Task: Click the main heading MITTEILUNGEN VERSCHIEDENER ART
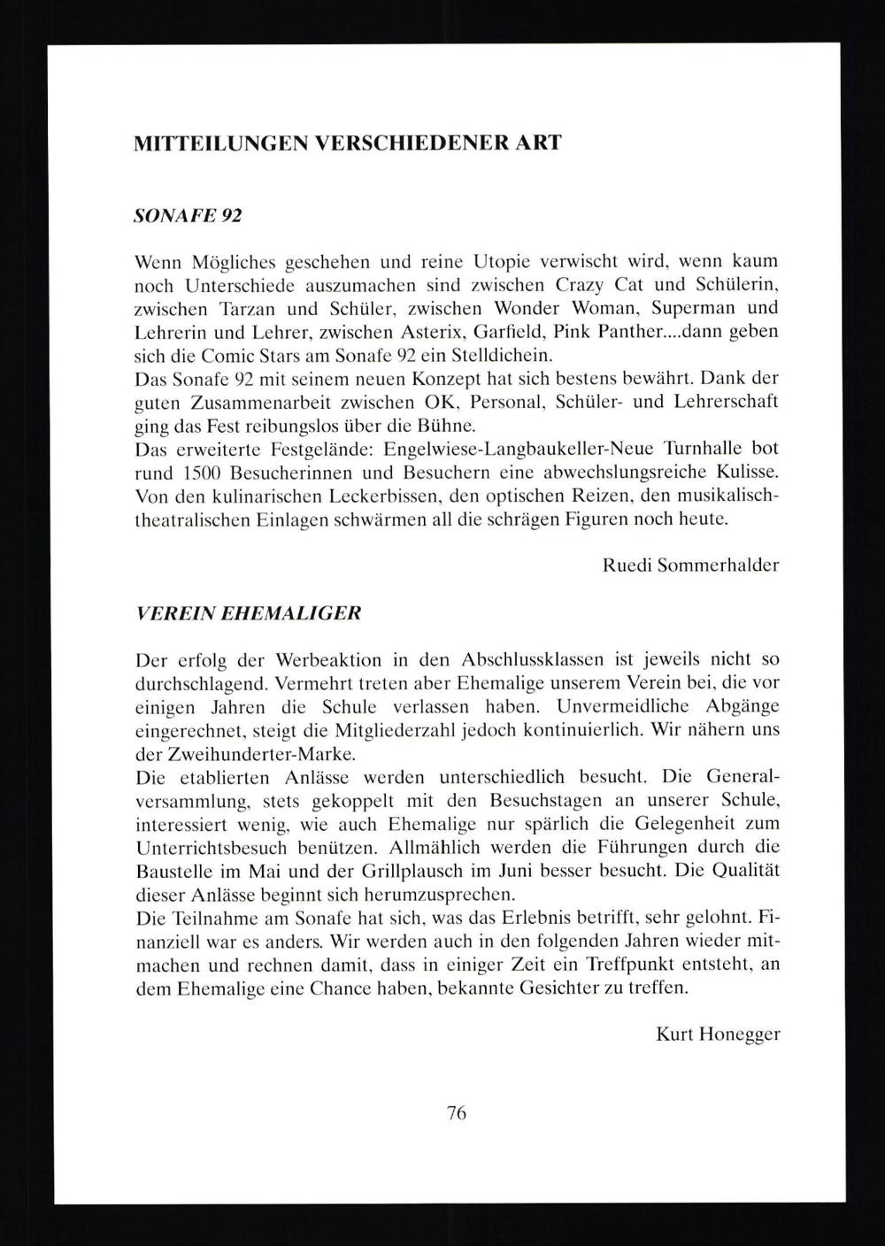[x=347, y=143]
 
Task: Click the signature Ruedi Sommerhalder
[x=690, y=565]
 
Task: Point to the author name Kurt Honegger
[x=718, y=1034]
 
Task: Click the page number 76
[x=457, y=1113]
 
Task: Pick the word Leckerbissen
[x=374, y=496]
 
